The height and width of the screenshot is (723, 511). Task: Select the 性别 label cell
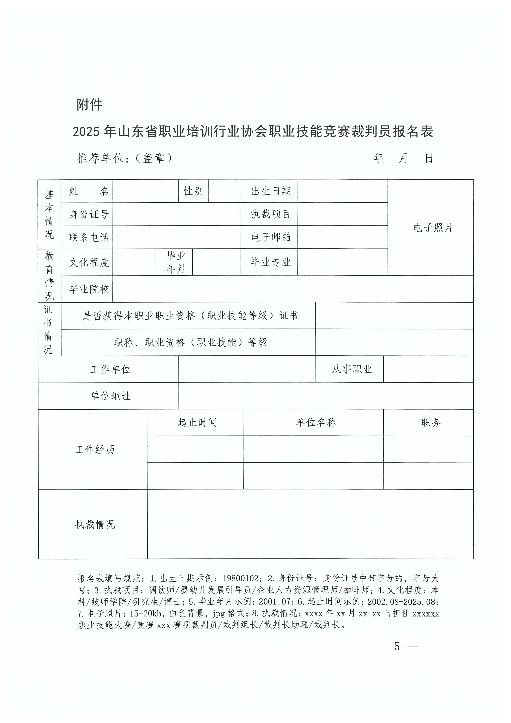click(x=193, y=191)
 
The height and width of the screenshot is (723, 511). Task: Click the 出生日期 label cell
click(x=271, y=191)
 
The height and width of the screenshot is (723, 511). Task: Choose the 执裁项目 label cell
click(x=271, y=214)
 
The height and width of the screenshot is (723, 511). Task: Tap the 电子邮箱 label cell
click(x=271, y=237)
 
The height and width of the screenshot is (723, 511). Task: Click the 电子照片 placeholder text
click(x=433, y=228)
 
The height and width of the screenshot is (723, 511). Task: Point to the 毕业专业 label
click(x=271, y=262)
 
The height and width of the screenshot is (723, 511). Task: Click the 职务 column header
click(x=430, y=423)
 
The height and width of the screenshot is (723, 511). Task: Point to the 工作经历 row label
click(x=95, y=449)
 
